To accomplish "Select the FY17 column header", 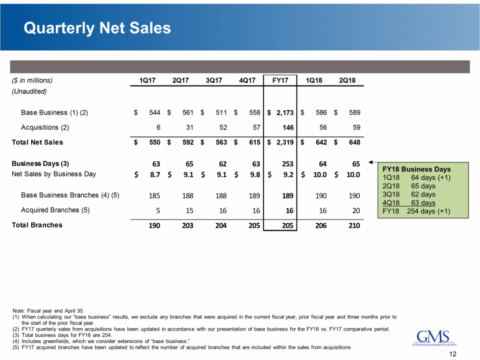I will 280,80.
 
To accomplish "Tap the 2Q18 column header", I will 346,80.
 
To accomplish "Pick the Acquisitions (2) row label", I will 47,127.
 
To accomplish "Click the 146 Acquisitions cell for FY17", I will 286,127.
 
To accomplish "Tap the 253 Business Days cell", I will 286,164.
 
